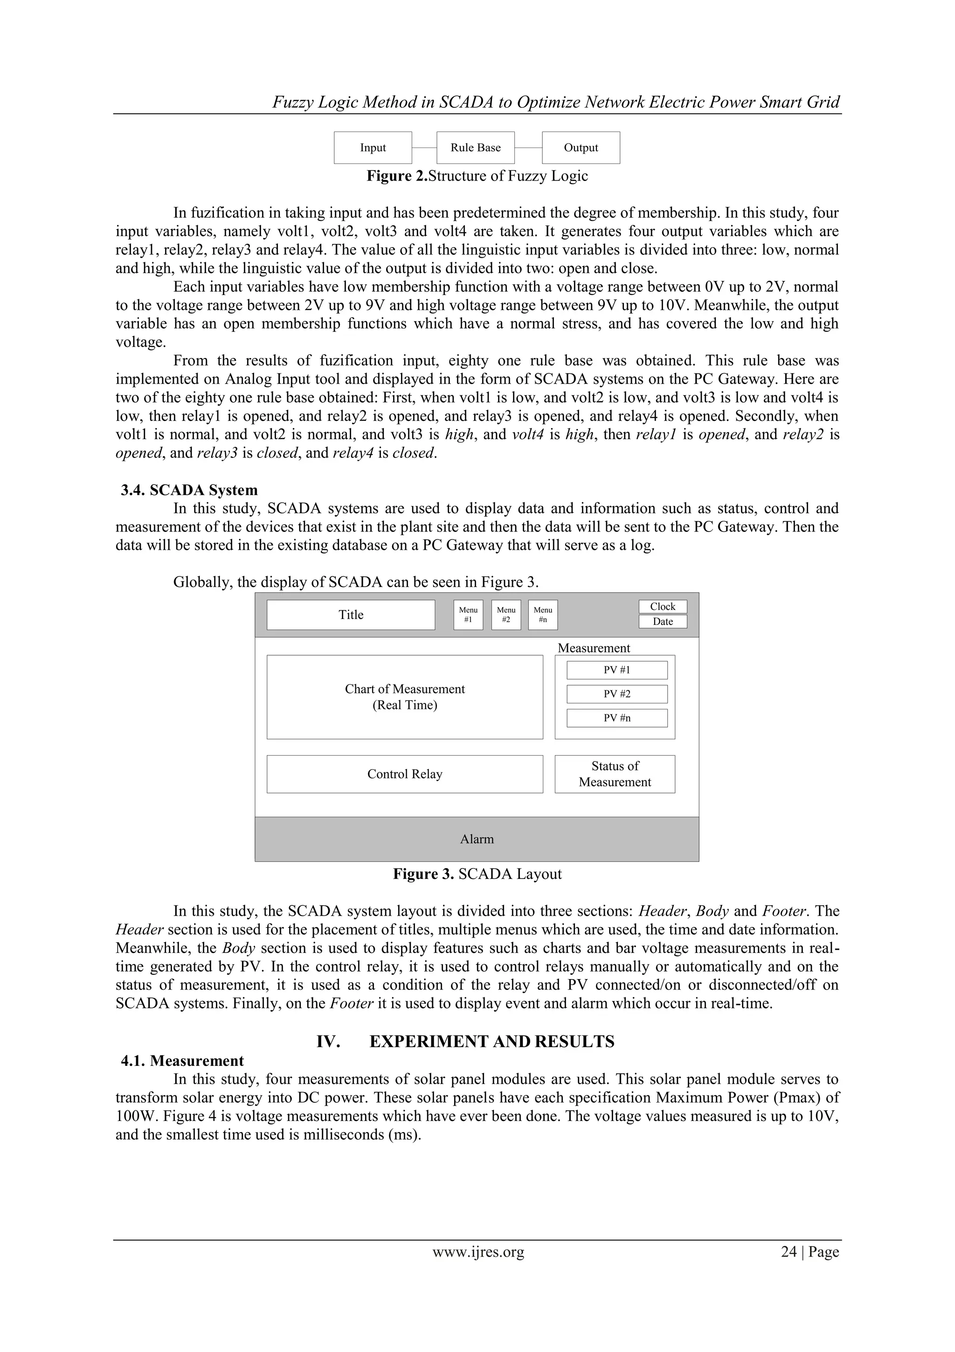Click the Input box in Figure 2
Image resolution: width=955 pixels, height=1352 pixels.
pyautogui.click(x=373, y=148)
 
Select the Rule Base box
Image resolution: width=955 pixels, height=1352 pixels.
pyautogui.click(x=476, y=148)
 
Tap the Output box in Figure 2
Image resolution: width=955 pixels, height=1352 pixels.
pyautogui.click(x=581, y=148)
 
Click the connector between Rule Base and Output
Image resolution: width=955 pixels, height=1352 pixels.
pyautogui.click(x=528, y=148)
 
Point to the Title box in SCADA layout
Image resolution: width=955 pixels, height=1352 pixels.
pyautogui.click(x=351, y=615)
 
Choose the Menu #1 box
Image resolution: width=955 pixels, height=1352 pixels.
pyautogui.click(x=468, y=615)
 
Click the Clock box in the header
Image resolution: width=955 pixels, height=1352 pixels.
pyautogui.click(x=663, y=607)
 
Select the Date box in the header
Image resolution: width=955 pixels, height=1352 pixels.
pyautogui.click(x=663, y=622)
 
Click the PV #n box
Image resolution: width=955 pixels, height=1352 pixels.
pyautogui.click(x=616, y=718)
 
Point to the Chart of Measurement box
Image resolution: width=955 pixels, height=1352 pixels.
pyautogui.click(x=405, y=697)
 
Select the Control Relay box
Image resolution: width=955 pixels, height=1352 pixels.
pyautogui.click(x=405, y=774)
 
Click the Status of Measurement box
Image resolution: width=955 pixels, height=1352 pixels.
pyautogui.click(x=615, y=774)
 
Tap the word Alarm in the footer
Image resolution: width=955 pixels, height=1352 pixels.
pyautogui.click(x=477, y=840)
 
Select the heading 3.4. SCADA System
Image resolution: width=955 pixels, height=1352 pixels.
pyautogui.click(x=189, y=490)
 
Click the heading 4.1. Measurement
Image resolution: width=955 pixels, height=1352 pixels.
pyautogui.click(x=182, y=1061)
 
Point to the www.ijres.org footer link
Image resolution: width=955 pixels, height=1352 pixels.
pyautogui.click(x=478, y=1253)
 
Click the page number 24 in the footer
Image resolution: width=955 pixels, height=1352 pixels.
pyautogui.click(x=789, y=1253)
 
